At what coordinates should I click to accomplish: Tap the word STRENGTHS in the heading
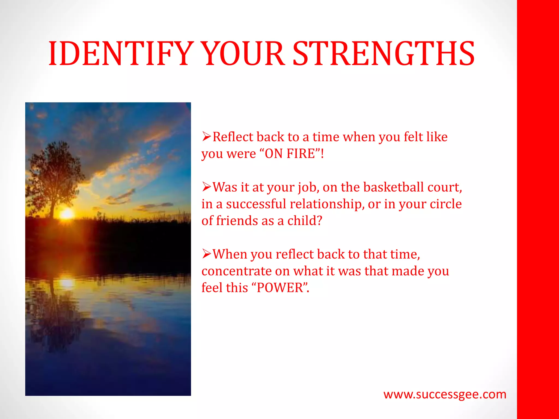tap(383, 54)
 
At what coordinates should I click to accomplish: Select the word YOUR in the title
tap(244, 54)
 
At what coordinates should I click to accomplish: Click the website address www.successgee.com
tap(445, 394)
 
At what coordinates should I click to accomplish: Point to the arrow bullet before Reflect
tap(207, 136)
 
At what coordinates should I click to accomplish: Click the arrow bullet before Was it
tap(207, 187)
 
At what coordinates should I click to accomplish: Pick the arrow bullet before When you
tap(207, 254)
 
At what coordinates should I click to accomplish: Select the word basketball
tap(394, 187)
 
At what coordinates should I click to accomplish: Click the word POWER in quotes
tap(280, 288)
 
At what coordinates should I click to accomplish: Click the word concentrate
tap(236, 271)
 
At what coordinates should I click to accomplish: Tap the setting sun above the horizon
tap(66, 214)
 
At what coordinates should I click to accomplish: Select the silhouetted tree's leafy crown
tap(55, 169)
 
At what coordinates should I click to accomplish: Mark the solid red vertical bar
tap(538, 209)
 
